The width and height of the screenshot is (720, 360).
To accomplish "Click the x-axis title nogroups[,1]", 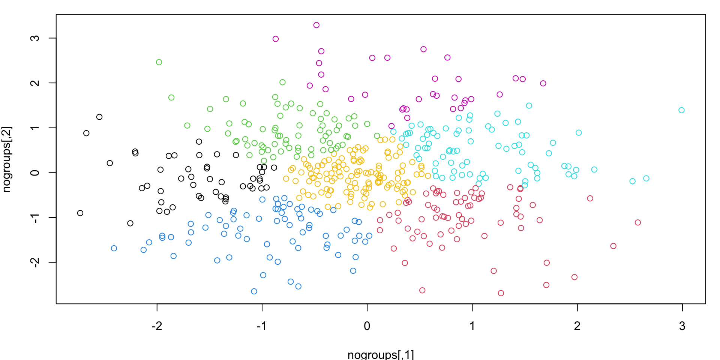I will tap(381, 354).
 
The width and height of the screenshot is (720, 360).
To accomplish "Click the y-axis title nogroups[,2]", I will tap(7, 159).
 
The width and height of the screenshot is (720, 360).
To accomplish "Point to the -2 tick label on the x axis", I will tap(157, 326).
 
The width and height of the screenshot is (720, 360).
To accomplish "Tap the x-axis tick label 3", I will tap(682, 326).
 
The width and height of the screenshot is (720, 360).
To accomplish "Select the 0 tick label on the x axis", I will tap(367, 326).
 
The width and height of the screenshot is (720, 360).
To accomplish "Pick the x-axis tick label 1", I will tap(472, 326).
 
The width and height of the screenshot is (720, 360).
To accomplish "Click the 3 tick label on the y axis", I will tap(35, 38).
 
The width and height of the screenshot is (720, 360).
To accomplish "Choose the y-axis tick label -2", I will tap(35, 262).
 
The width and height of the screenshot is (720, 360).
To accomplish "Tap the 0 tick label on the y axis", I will tap(35, 172).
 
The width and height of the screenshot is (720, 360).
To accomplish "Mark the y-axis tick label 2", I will tap(35, 83).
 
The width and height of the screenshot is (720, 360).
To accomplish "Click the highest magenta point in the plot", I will tap(316, 25).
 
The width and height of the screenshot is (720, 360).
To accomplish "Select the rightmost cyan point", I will tap(681, 110).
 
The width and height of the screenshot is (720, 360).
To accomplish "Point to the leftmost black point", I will tap(80, 213).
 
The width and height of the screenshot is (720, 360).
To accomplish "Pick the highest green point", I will tap(159, 62).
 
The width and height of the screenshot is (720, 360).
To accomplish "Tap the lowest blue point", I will tap(254, 291).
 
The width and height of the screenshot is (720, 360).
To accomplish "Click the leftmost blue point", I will tap(114, 248).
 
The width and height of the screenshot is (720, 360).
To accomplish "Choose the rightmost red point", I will tap(638, 222).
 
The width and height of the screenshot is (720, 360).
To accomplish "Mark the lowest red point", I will tap(501, 293).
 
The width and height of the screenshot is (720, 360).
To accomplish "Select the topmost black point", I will tap(99, 117).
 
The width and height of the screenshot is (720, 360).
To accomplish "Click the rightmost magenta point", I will tap(543, 83).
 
